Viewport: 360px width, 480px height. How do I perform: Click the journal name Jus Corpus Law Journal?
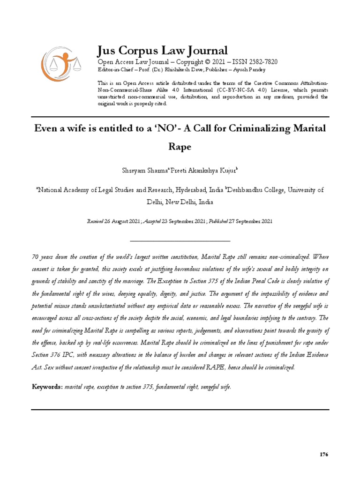click(x=162, y=51)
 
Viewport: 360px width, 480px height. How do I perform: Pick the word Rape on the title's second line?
click(x=180, y=147)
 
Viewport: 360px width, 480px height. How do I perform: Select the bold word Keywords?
click(x=47, y=387)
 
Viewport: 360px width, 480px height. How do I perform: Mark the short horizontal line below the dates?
click(x=180, y=241)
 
